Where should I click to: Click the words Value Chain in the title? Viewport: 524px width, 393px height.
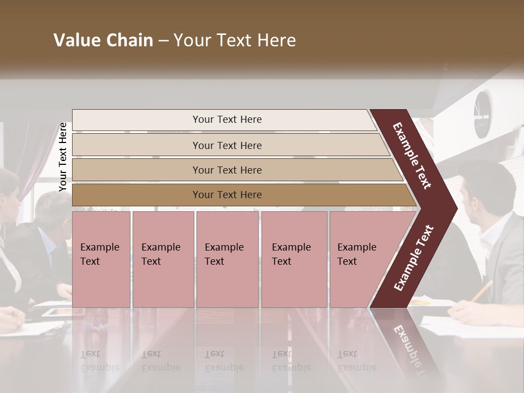point(103,40)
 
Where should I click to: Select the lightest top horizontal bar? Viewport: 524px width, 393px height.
point(227,120)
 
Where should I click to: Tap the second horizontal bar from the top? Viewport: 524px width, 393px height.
point(227,145)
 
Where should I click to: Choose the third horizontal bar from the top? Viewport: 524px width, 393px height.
point(227,170)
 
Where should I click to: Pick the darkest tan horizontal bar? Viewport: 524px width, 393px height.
point(227,195)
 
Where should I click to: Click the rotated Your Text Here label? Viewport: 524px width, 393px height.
point(63,157)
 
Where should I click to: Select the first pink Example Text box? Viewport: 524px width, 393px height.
point(101,259)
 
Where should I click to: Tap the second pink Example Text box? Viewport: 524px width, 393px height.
point(163,259)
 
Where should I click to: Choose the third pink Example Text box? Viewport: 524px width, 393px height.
point(227,259)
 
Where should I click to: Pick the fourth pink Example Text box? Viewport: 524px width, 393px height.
point(294,259)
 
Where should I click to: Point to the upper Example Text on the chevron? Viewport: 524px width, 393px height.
point(412,156)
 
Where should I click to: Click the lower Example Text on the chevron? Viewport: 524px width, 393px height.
point(414,258)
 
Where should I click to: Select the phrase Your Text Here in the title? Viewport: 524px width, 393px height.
point(235,40)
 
